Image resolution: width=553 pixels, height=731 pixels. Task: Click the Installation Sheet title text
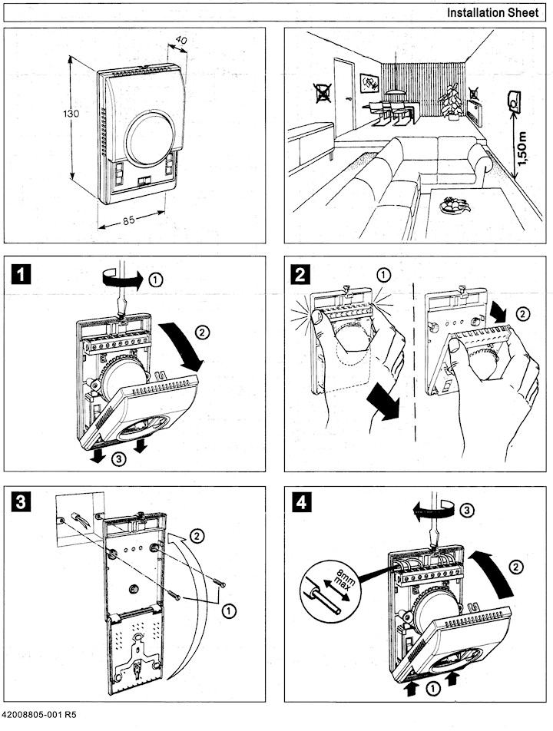coord(497,13)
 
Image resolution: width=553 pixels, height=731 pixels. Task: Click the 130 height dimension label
coord(70,114)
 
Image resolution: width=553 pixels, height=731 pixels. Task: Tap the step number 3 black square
coord(22,503)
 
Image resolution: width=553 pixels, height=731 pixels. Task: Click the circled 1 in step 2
coord(384,275)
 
